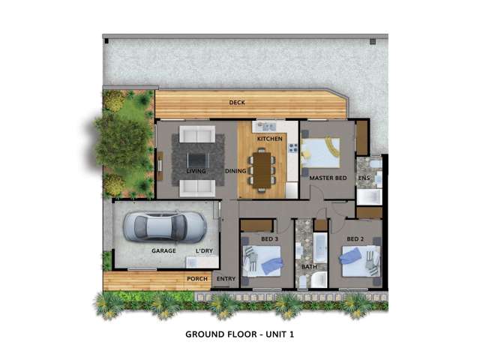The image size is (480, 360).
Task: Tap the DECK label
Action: pyautogui.click(x=238, y=103)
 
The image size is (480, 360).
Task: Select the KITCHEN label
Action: pyautogui.click(x=269, y=139)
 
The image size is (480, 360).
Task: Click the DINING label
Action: pyautogui.click(x=235, y=171)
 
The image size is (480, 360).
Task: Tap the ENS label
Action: pyautogui.click(x=363, y=178)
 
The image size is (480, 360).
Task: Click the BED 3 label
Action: pyautogui.click(x=269, y=239)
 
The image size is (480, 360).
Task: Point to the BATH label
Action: pyautogui.click(x=309, y=266)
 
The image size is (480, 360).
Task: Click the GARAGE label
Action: pyautogui.click(x=163, y=250)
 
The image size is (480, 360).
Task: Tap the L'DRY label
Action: pyautogui.click(x=204, y=250)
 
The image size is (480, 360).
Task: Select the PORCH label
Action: pyautogui.click(x=197, y=280)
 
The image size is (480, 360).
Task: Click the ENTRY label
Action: pyautogui.click(x=226, y=280)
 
